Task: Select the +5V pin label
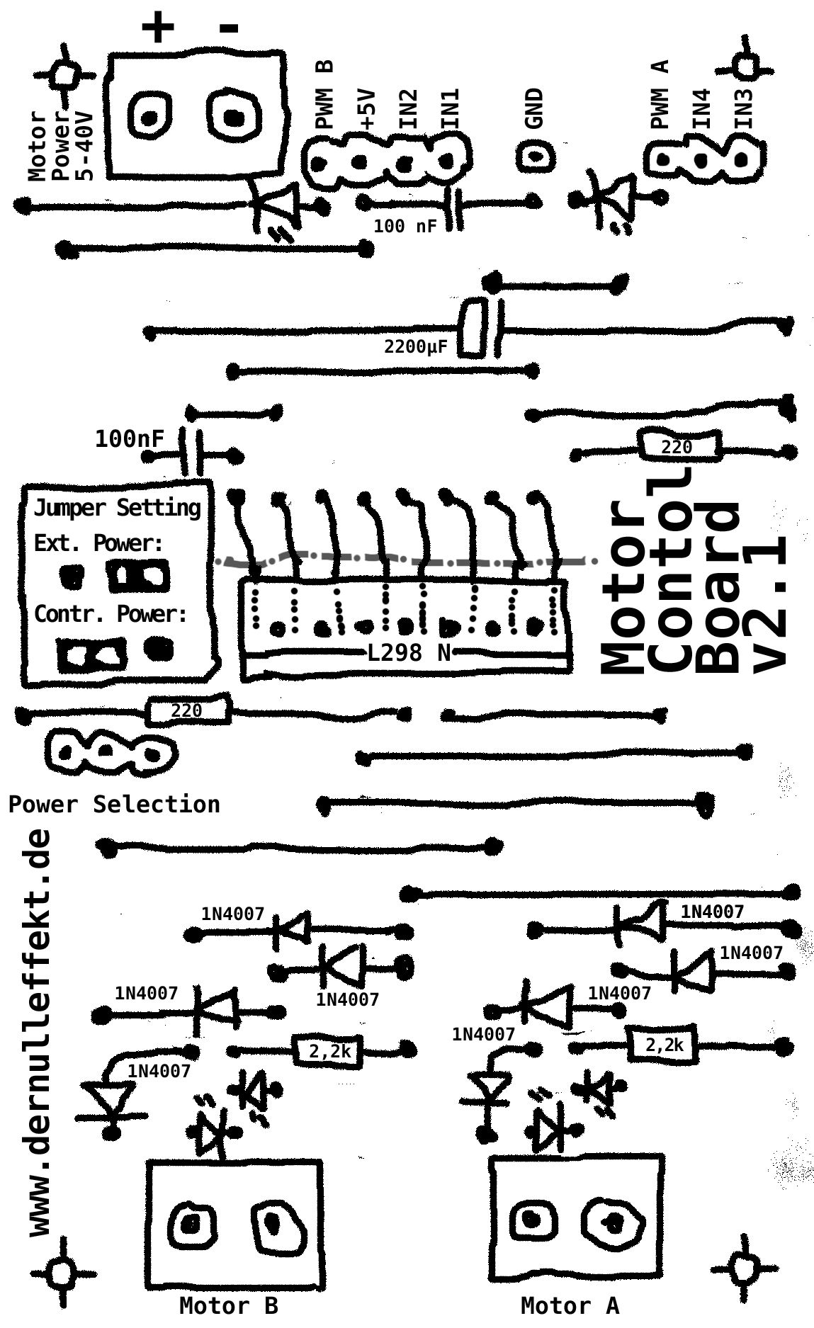point(367,108)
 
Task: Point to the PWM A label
point(660,94)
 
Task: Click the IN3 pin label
point(743,108)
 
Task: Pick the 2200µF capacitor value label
point(416,346)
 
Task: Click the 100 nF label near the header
point(405,227)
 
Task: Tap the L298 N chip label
point(409,652)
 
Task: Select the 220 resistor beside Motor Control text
point(677,448)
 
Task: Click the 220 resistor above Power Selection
point(187,710)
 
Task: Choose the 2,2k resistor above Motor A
point(664,1045)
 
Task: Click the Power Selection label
point(114,804)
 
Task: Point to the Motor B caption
point(228,1305)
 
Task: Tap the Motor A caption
point(570,1305)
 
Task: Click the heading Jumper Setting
point(117,508)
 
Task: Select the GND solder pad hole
point(534,154)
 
